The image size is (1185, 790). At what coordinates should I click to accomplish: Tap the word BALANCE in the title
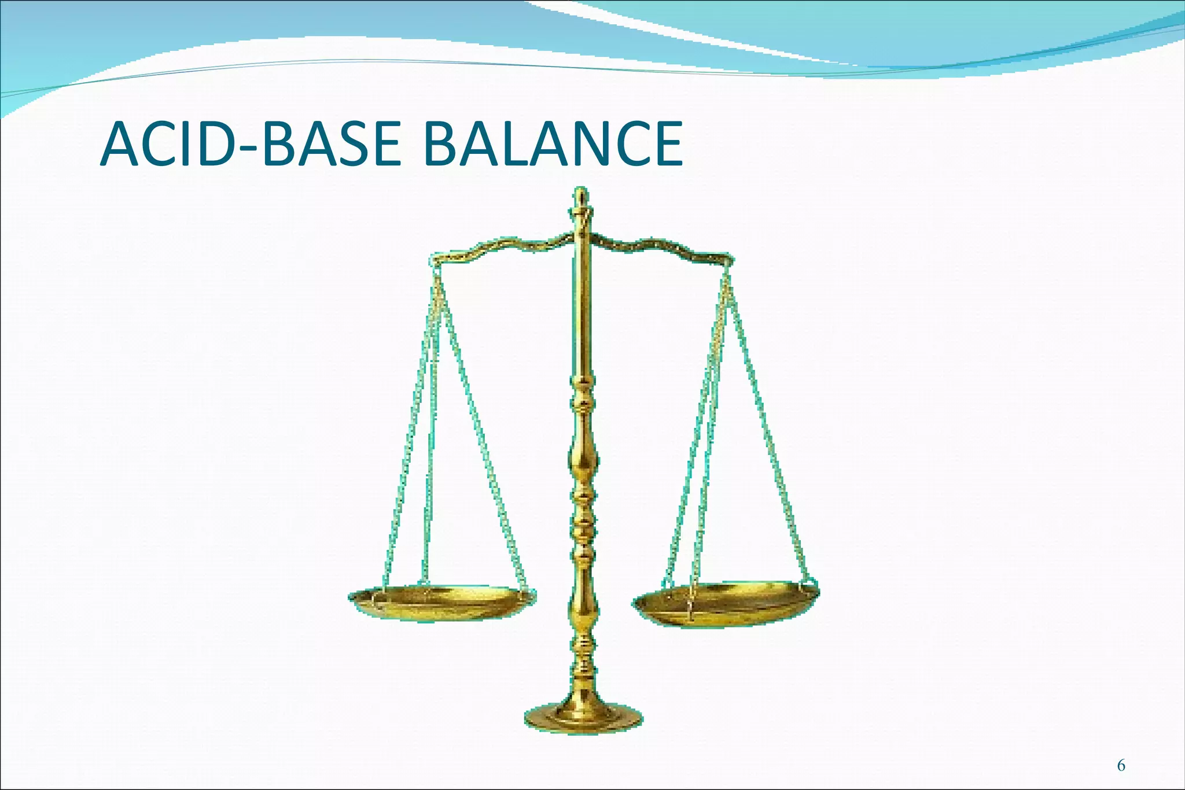[x=553, y=144]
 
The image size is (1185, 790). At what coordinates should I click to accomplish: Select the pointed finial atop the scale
[x=582, y=200]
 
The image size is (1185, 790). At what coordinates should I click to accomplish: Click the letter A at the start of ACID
[x=121, y=144]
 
